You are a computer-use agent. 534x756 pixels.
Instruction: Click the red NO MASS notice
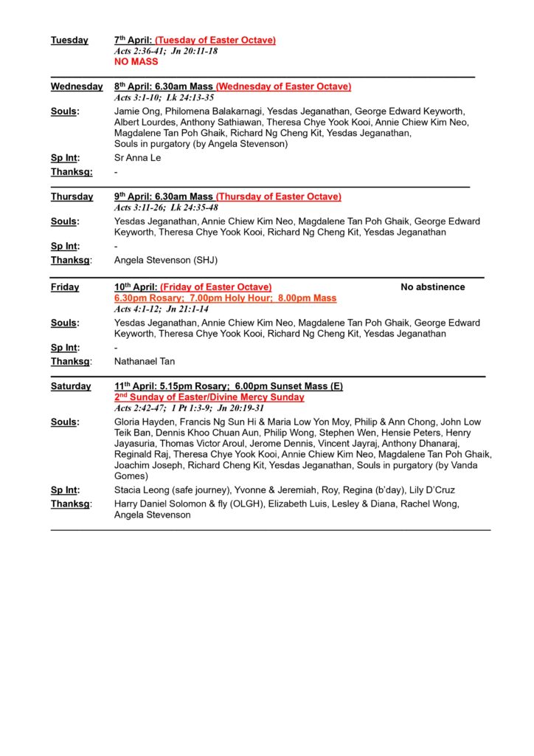(136, 62)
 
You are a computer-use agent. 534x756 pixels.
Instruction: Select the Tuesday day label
(69, 41)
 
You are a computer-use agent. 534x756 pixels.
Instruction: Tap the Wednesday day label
(77, 87)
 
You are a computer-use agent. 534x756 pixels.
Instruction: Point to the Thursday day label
(72, 197)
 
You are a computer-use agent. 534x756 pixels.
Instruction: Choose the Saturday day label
(71, 386)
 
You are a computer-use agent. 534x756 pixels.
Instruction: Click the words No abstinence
(433, 287)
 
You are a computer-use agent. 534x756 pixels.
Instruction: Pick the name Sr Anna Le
(137, 158)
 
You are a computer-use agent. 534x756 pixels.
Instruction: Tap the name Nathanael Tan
(145, 362)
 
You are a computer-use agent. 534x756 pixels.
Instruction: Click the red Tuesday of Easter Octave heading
(215, 41)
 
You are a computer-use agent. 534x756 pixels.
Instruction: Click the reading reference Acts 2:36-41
(139, 51)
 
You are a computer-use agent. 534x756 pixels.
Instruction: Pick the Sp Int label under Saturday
(65, 490)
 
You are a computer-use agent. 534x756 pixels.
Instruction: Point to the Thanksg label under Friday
(72, 362)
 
